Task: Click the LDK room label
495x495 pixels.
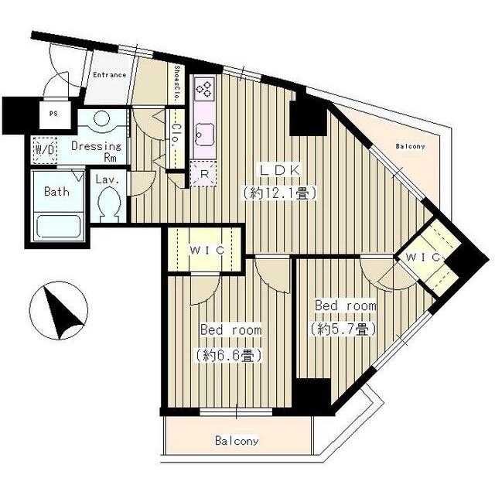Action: coord(279,170)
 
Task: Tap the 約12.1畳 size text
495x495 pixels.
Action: coord(279,193)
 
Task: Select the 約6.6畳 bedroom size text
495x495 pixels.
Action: coord(229,355)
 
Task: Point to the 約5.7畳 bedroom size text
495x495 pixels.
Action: coord(343,329)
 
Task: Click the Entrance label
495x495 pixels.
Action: coord(110,75)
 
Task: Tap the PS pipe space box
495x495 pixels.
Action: coord(54,114)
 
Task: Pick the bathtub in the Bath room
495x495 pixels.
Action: coord(59,226)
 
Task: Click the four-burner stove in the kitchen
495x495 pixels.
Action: coord(205,88)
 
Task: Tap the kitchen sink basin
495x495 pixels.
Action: coord(205,135)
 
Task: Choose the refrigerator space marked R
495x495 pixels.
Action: coord(204,174)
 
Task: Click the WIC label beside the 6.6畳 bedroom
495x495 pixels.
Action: coord(207,251)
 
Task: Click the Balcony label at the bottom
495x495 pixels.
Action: coord(237,440)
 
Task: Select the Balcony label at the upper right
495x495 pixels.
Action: coord(410,146)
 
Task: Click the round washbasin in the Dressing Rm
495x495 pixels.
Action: coord(102,119)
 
